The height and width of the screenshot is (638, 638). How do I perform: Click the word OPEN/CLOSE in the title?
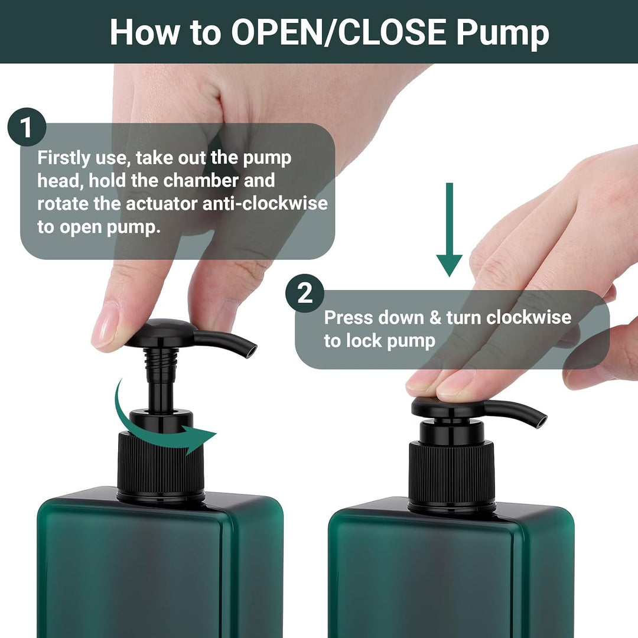(x=339, y=32)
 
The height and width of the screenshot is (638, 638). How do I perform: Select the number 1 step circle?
(x=27, y=128)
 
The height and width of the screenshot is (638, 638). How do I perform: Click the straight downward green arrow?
(x=449, y=229)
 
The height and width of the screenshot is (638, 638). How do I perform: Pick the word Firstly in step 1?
(x=63, y=158)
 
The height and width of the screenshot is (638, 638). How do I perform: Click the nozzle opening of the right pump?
(x=541, y=421)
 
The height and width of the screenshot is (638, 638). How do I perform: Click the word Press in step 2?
(x=348, y=317)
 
